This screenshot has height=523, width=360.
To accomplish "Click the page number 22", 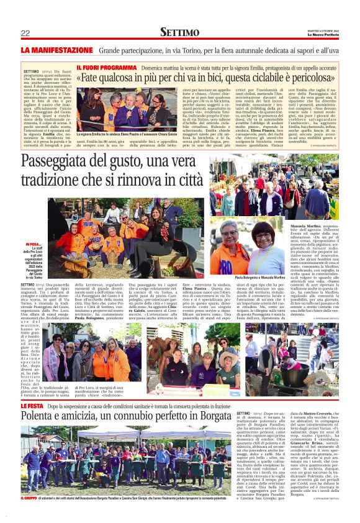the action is [25, 33].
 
